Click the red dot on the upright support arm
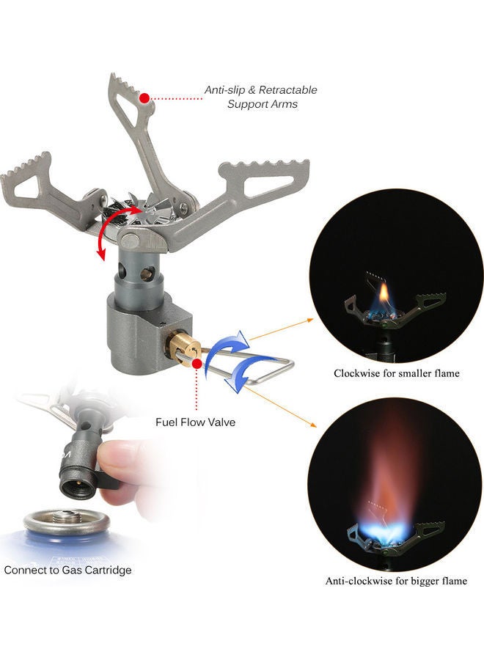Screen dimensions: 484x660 tap(144, 98)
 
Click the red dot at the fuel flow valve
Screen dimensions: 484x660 tap(196, 364)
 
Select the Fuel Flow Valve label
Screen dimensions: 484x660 tap(195, 422)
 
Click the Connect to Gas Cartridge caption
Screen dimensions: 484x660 tap(67, 570)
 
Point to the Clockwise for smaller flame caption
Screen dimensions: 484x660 tap(397, 373)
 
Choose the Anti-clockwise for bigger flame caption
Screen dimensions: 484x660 tap(396, 581)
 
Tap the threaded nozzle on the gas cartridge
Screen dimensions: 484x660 tap(67, 516)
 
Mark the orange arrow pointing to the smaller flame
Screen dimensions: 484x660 tap(282, 329)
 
